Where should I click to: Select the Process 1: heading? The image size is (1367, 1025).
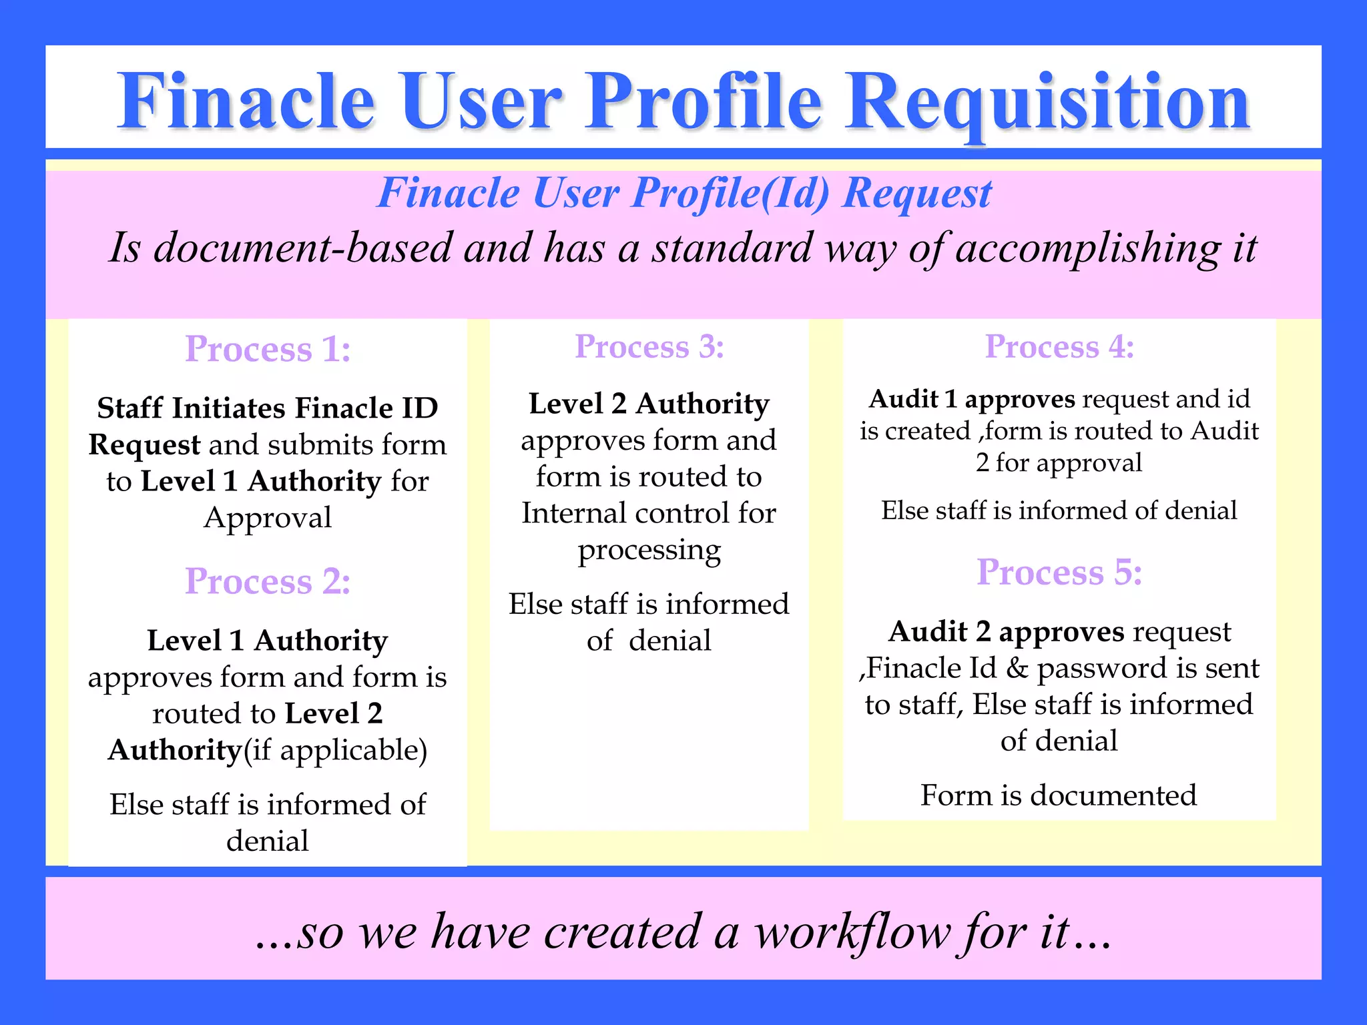pos(268,349)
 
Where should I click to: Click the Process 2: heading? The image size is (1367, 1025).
pos(268,581)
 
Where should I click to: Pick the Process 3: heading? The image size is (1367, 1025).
pos(649,347)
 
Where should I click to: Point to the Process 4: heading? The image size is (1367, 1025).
pos(1059,347)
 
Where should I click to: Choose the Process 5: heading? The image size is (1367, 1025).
pos(1059,573)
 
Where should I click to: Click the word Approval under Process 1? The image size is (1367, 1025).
pos(268,518)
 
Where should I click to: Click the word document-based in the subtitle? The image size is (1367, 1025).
pos(304,248)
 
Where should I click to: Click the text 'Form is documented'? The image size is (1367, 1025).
pos(1059,795)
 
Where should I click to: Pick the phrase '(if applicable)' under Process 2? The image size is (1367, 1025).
pos(335,751)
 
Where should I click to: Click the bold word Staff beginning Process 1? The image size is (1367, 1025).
pos(129,408)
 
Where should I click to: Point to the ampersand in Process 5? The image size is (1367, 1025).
pos(1017,668)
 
